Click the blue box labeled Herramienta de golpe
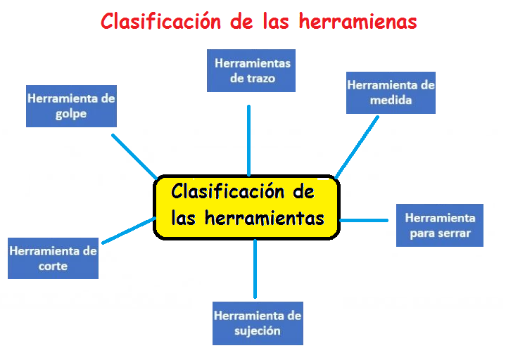71,106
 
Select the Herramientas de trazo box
251,70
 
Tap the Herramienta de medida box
391,92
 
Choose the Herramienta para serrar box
440,225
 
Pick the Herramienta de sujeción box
258,323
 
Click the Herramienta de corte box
53,258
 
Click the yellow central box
247,207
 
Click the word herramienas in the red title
358,22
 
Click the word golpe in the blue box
71,114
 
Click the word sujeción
258,330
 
